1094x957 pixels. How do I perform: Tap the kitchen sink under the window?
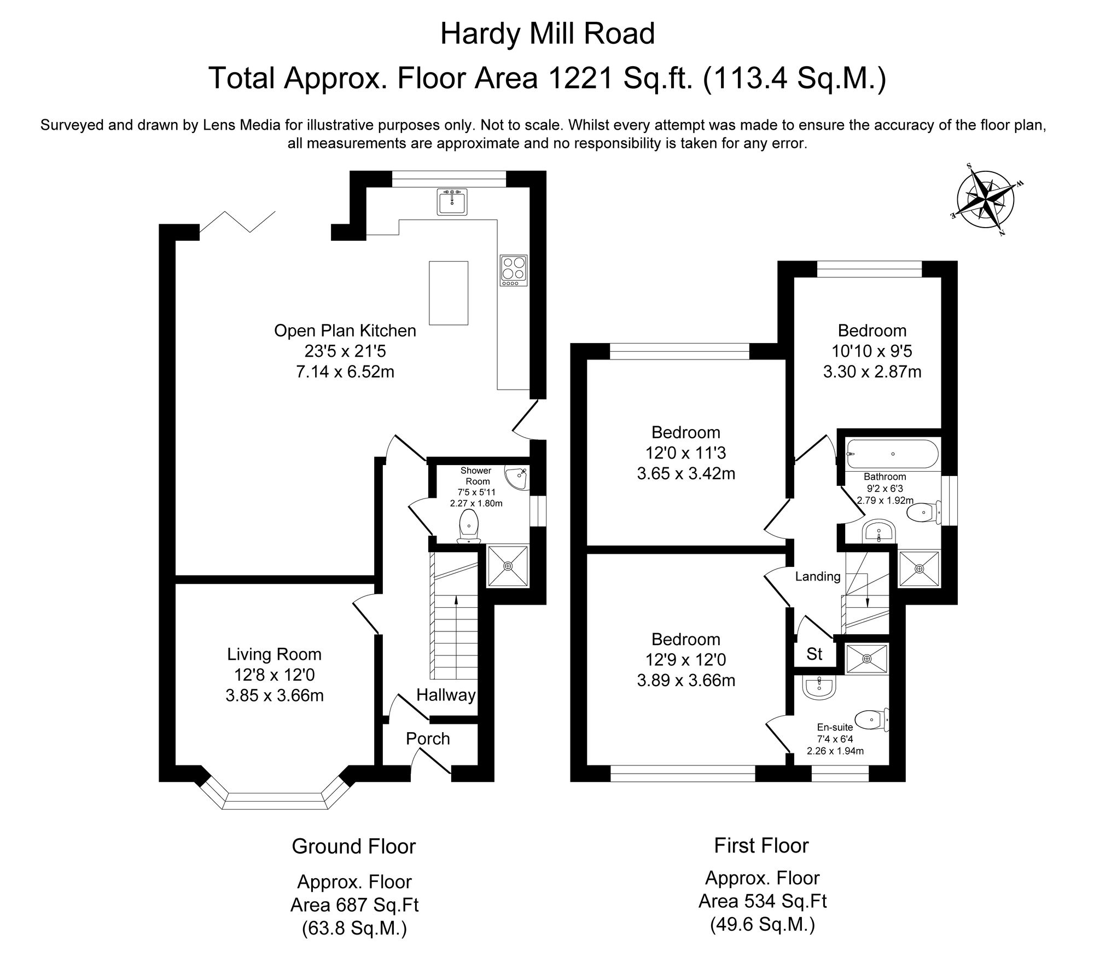point(452,201)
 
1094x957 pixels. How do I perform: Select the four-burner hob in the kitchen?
point(513,270)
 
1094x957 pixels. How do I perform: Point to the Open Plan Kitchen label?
point(345,330)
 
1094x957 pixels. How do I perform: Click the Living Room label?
point(274,654)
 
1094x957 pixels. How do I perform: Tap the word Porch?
point(428,739)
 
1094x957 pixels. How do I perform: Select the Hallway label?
point(446,695)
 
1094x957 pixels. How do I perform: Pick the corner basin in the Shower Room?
point(517,479)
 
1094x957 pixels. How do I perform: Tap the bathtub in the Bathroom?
point(892,454)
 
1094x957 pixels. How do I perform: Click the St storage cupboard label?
point(814,654)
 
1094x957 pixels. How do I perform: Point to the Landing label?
point(818,576)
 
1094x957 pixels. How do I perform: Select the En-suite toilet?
point(871,720)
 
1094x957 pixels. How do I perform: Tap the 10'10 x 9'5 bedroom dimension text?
point(872,351)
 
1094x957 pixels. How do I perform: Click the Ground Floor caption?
point(354,846)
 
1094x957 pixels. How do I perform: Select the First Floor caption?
point(761,845)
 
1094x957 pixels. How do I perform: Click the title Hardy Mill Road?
point(548,34)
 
